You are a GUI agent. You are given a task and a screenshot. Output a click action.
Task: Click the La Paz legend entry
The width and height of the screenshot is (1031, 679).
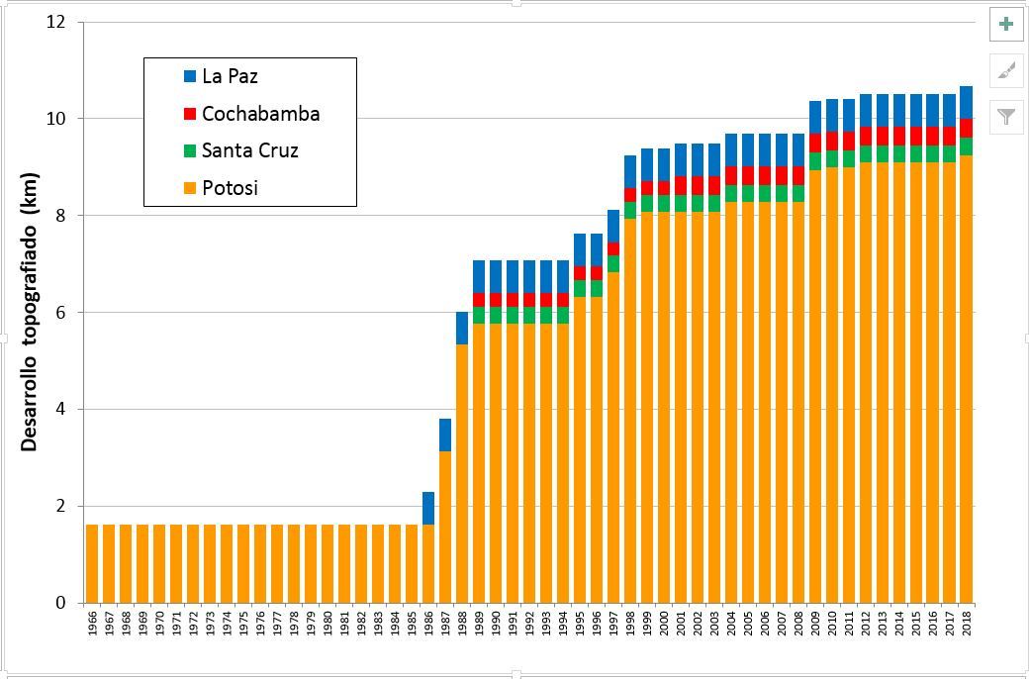pyautogui.click(x=230, y=76)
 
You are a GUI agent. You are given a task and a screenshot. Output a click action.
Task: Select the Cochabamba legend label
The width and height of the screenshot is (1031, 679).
pyautogui.click(x=260, y=114)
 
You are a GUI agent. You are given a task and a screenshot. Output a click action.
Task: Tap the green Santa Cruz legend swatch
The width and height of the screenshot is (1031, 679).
pyautogui.click(x=190, y=151)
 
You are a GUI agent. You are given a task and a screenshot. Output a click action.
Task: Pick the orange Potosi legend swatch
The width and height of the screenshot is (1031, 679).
pyautogui.click(x=190, y=188)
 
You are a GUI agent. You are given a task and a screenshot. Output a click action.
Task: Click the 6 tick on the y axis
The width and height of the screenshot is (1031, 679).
pyautogui.click(x=60, y=313)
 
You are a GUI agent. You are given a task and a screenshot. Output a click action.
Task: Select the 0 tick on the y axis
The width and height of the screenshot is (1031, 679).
pyautogui.click(x=60, y=603)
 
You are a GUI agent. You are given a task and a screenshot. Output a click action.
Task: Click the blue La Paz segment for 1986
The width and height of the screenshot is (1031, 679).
pyautogui.click(x=428, y=508)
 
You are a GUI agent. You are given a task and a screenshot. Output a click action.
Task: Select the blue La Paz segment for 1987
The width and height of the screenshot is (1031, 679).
pyautogui.click(x=445, y=435)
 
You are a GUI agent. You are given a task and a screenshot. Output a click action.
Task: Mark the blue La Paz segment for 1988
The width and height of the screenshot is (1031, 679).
pyautogui.click(x=462, y=328)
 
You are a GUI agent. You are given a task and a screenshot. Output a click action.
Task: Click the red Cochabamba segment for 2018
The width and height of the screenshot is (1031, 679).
pyautogui.click(x=967, y=128)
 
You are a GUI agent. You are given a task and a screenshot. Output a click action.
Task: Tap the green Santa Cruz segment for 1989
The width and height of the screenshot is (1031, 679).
pyautogui.click(x=479, y=315)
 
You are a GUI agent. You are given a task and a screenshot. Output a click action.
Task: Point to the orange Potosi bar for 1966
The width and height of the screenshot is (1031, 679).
pyautogui.click(x=92, y=563)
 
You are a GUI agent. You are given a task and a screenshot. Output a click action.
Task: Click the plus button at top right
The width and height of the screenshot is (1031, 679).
pyautogui.click(x=1006, y=25)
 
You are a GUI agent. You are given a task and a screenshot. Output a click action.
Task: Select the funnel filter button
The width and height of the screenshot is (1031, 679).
pyautogui.click(x=1006, y=117)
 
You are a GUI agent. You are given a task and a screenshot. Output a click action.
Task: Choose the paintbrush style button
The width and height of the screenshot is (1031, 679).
pyautogui.click(x=1006, y=70)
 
